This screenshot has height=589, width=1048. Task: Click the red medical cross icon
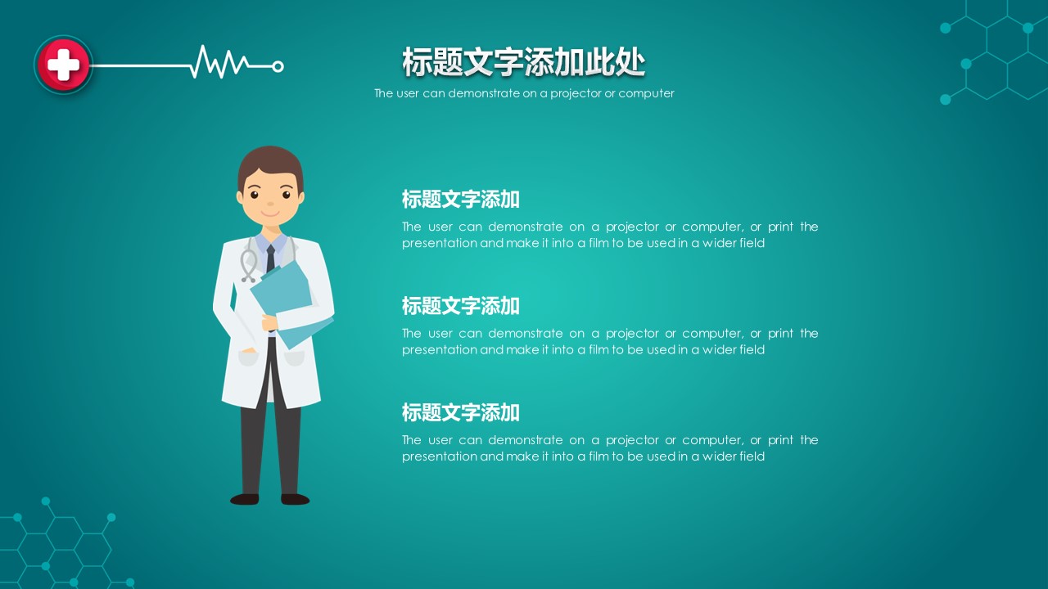(63, 65)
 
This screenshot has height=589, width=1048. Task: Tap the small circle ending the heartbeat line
(278, 67)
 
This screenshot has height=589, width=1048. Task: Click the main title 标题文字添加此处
(523, 62)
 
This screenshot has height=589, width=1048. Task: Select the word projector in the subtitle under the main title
(576, 93)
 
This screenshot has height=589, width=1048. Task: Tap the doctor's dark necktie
(270, 259)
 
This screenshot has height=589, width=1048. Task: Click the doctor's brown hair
(270, 167)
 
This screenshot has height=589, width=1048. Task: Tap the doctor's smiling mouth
(270, 214)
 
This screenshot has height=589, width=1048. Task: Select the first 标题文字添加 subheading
(460, 199)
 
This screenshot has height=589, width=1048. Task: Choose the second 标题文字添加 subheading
(460, 306)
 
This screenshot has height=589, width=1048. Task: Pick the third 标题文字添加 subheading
(460, 412)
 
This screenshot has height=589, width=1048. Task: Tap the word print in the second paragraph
(780, 334)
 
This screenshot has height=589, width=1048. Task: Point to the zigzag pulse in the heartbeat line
(220, 61)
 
